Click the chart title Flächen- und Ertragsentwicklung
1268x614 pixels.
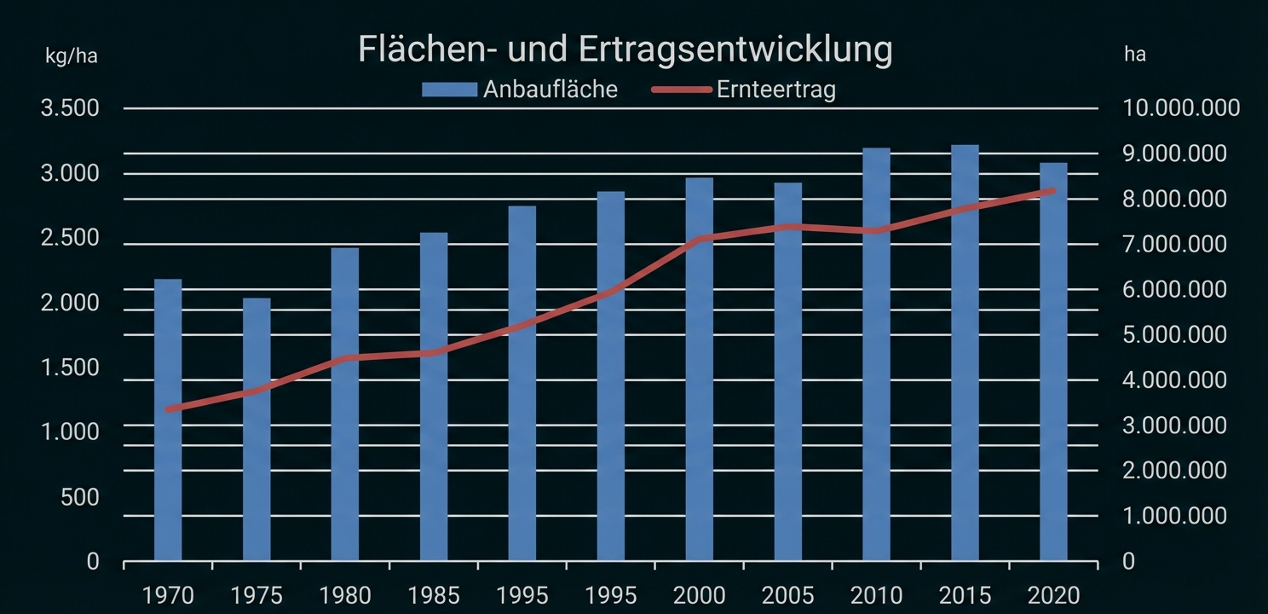[x=625, y=49]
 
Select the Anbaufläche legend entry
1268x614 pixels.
[x=519, y=90]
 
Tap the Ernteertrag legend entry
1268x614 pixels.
[x=743, y=90]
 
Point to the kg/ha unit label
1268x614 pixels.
[x=72, y=56]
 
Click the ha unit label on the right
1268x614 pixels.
[x=1135, y=55]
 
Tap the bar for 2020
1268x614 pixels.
[x=1053, y=362]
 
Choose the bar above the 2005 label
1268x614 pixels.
[x=787, y=372]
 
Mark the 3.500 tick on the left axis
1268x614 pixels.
[x=70, y=109]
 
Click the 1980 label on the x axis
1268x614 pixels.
[x=345, y=594]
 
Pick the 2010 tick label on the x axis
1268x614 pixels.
[x=876, y=594]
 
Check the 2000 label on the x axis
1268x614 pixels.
[x=700, y=594]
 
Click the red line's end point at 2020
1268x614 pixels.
[x=1052, y=191]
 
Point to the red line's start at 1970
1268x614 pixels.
[x=169, y=409]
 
